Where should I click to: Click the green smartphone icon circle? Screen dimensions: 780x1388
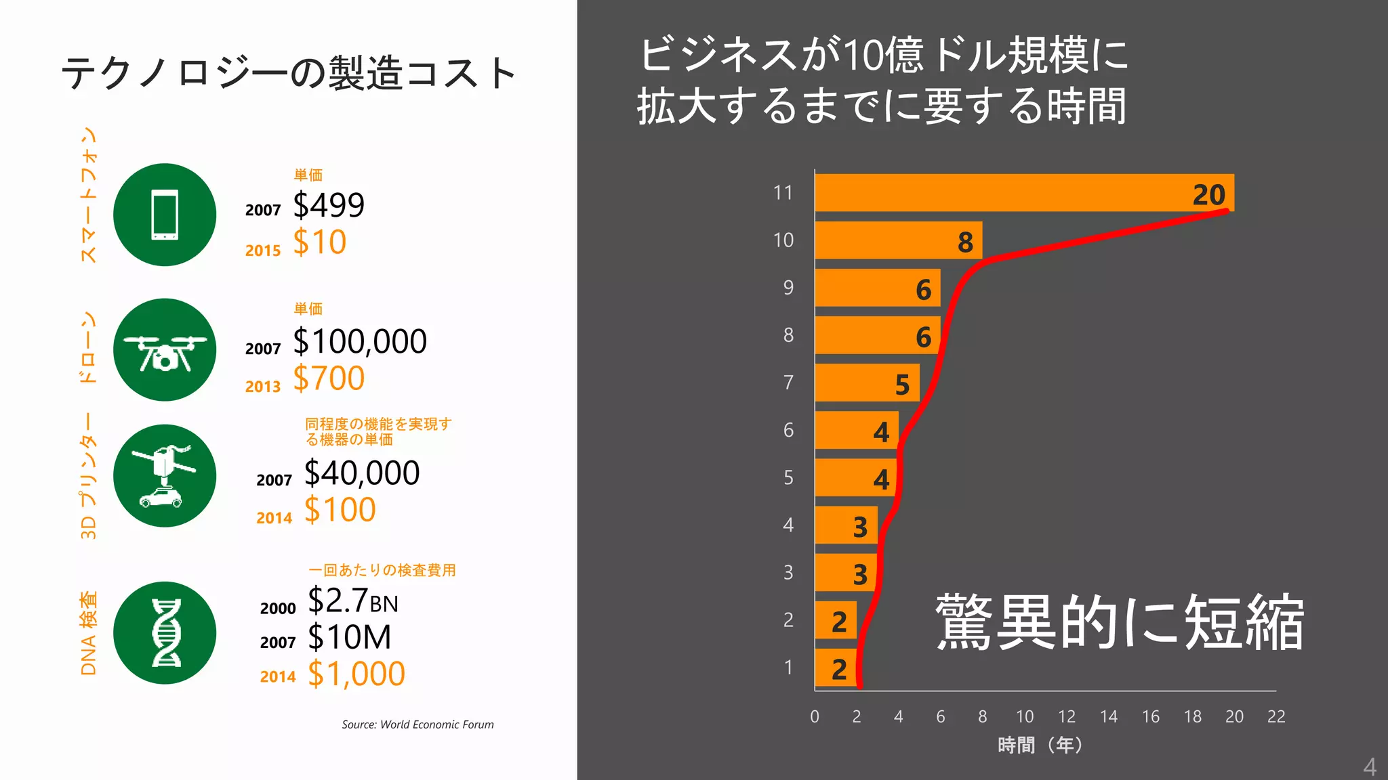tap(165, 215)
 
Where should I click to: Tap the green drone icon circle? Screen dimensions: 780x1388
tap(165, 350)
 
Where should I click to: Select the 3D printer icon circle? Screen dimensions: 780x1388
tap(165, 476)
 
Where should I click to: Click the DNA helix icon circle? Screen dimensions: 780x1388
tap(165, 633)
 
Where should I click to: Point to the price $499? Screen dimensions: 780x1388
tap(329, 205)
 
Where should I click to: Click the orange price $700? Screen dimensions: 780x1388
tap(329, 378)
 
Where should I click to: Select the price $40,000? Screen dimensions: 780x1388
tap(362, 473)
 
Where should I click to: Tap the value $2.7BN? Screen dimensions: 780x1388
tap(353, 601)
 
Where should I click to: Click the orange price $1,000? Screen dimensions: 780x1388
tap(356, 674)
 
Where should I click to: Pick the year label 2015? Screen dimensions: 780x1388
tap(263, 251)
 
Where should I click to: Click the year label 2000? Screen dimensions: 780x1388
tap(278, 609)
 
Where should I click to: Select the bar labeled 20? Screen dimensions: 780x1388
tap(1023, 193)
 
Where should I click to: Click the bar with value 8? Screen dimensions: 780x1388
tap(898, 240)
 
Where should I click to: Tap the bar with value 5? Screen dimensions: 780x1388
tap(867, 383)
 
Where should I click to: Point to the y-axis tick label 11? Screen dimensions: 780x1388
tap(783, 193)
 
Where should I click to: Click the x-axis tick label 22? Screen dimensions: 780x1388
tap(1276, 717)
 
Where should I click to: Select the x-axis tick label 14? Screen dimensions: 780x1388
tap(1109, 717)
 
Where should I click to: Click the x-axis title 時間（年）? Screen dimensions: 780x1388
tap(1041, 745)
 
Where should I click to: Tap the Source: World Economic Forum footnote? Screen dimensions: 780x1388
tap(417, 724)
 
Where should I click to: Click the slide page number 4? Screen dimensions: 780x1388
tap(1370, 767)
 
